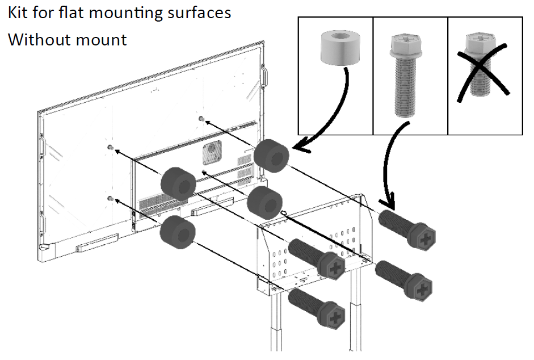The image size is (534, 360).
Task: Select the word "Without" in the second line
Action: (35, 40)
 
